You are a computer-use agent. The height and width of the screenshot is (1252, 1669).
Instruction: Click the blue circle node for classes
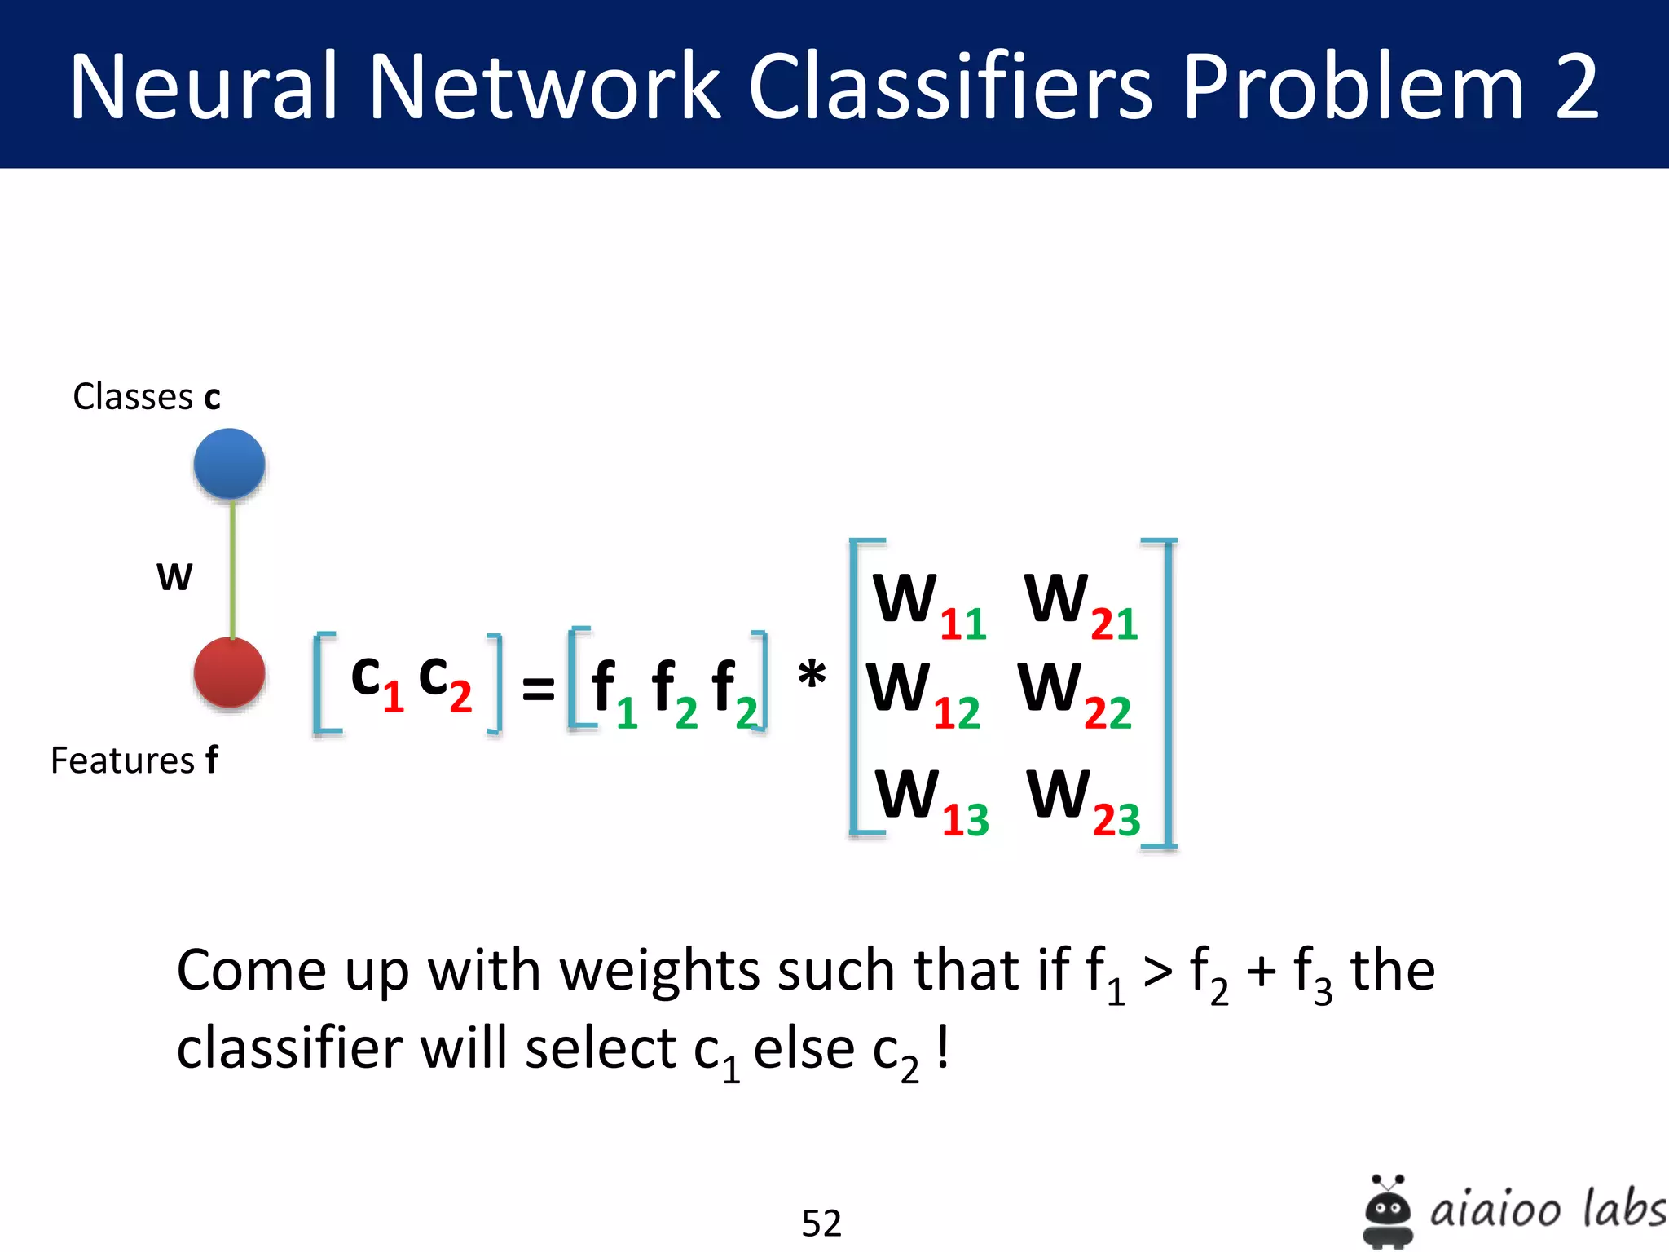229,463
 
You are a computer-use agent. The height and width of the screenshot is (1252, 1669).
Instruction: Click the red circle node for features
229,673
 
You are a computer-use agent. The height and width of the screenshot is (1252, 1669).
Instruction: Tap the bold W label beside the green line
174,577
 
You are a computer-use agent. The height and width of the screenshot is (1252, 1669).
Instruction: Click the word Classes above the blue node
133,397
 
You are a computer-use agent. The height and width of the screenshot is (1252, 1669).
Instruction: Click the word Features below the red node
122,760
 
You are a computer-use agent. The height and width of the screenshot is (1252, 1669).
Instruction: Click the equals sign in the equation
538,689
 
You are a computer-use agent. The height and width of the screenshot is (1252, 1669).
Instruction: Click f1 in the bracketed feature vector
613,693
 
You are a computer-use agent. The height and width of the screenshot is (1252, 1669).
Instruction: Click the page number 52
821,1223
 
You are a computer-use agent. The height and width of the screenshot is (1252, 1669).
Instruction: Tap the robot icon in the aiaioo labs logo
1387,1211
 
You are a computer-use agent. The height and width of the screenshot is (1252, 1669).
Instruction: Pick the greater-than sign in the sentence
1157,972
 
